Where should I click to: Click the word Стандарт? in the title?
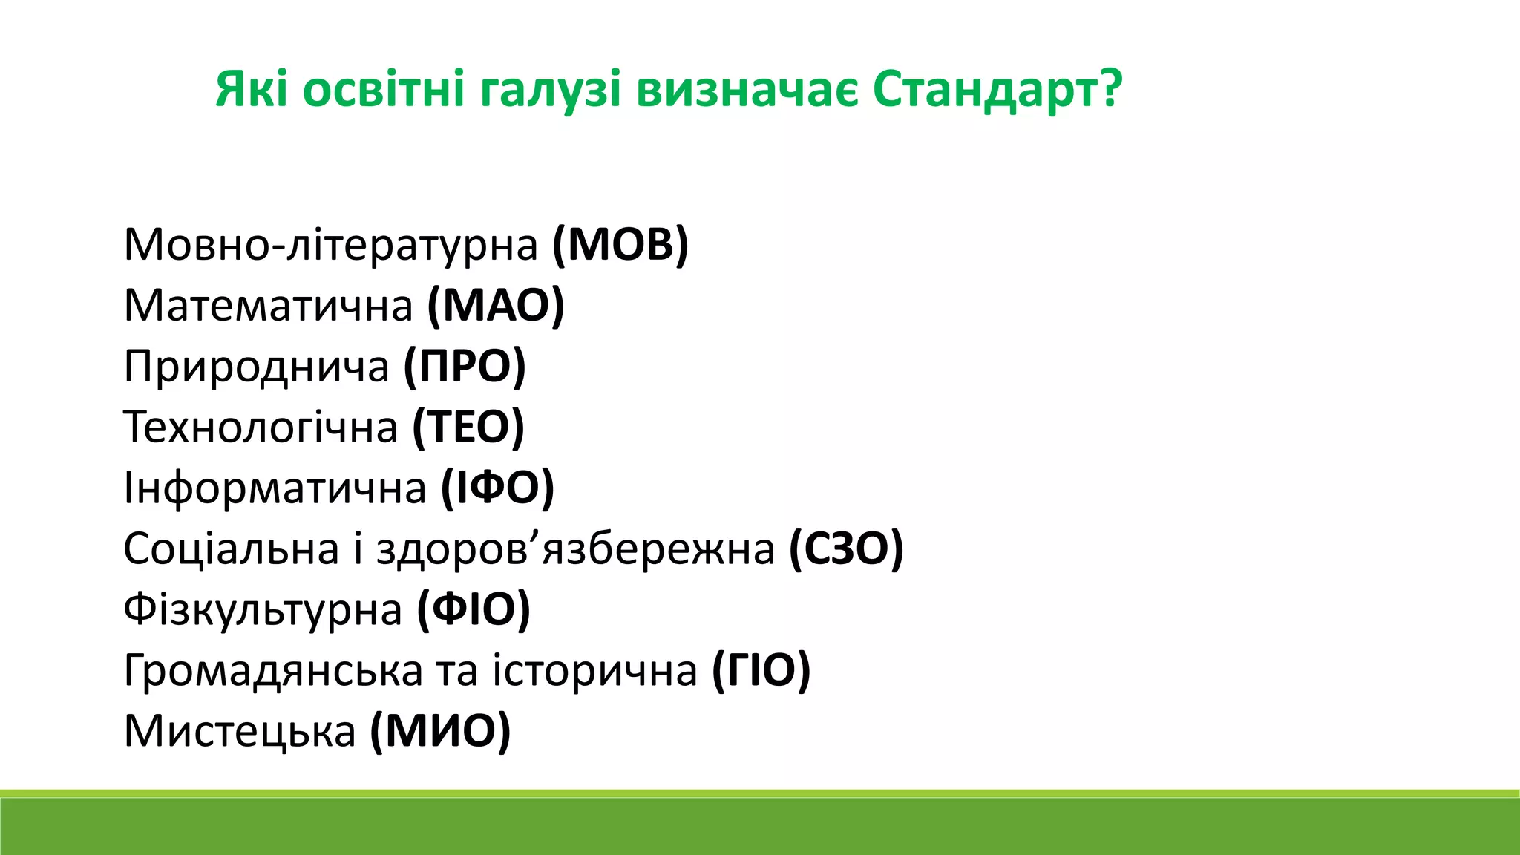pos(997,90)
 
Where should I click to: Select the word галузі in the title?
pos(549,90)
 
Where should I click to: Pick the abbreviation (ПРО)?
pos(465,366)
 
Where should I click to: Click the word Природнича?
pos(256,366)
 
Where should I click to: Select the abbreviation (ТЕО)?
pos(468,427)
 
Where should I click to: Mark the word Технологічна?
pos(261,427)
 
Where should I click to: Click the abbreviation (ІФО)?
pos(497,488)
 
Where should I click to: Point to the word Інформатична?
pos(275,488)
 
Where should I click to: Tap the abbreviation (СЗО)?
pos(845,548)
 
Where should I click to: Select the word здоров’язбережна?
pos(575,548)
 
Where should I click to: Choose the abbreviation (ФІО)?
pos(474,609)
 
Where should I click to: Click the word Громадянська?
pos(272,670)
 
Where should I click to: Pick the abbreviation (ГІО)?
pos(761,670)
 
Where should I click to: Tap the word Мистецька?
pos(240,731)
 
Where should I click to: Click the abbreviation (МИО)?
pos(440,731)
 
